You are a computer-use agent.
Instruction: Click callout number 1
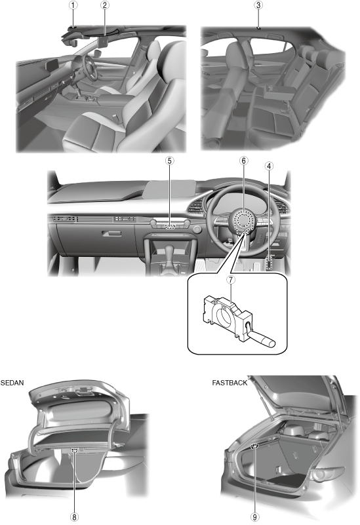click(73, 5)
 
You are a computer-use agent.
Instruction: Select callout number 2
click(104, 5)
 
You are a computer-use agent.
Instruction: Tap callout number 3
click(258, 5)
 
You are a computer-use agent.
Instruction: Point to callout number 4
click(269, 166)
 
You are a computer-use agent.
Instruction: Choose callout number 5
click(170, 161)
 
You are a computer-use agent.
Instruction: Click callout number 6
click(243, 161)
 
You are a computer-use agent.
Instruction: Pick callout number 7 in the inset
click(231, 280)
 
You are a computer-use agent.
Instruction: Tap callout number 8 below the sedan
click(74, 517)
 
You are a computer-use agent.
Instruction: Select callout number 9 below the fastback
click(255, 517)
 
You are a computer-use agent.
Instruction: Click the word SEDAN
click(12, 383)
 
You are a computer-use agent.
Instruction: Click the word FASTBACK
click(230, 383)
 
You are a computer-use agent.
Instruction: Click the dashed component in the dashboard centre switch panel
click(170, 227)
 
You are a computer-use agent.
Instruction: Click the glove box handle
click(111, 233)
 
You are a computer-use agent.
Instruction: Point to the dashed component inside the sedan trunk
click(74, 450)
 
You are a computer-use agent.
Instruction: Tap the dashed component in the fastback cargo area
click(255, 446)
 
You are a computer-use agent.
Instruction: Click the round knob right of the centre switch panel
click(197, 229)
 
